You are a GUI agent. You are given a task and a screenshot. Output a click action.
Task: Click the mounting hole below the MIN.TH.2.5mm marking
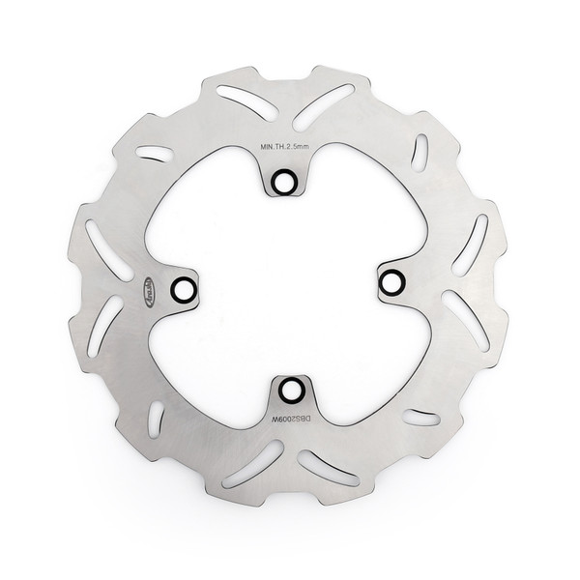(283, 182)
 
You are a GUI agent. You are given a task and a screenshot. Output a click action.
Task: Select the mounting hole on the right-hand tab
(391, 282)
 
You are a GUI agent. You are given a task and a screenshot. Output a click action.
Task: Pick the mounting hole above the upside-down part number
(291, 390)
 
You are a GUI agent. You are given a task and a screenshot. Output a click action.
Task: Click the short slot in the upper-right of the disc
(420, 151)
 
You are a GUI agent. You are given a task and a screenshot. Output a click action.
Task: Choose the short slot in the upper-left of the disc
(155, 152)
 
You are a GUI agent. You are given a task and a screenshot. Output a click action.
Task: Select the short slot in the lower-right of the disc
(420, 418)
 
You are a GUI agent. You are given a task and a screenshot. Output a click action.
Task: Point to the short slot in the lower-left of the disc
(156, 418)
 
